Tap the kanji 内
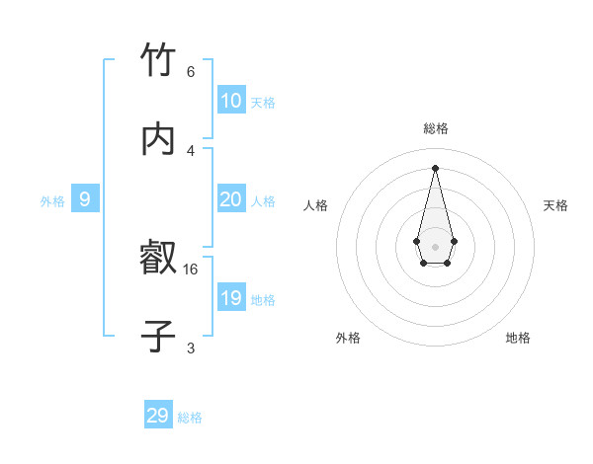[158, 140]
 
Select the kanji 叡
[158, 260]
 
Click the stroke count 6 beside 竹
[191, 72]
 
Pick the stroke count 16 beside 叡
[191, 269]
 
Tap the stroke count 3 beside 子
[191, 348]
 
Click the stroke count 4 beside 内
[191, 150]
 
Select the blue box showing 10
[231, 101]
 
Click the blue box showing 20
[231, 199]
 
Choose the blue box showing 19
[231, 298]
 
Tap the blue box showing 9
[85, 199]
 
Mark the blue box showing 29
[158, 416]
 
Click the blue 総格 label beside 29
[190, 418]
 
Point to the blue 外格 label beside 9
[52, 201]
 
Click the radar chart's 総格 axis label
[435, 128]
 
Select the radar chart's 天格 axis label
[555, 205]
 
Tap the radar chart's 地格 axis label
[518, 338]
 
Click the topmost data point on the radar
[435, 167]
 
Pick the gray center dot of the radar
[435, 245]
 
